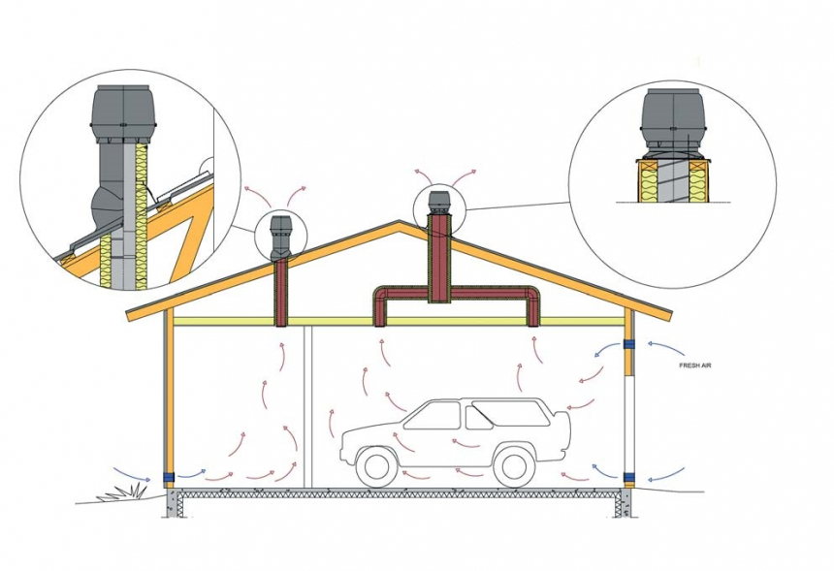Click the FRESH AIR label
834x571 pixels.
[694, 365]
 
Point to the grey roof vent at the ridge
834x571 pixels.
[438, 201]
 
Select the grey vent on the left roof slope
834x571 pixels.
[280, 238]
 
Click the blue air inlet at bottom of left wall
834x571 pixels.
[169, 477]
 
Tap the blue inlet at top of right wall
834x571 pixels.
[629, 344]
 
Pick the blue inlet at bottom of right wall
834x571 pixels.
[629, 476]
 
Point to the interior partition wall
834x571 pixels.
[306, 407]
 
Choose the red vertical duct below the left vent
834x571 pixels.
[281, 293]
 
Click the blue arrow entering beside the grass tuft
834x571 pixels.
[132, 474]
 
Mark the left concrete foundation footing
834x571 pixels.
[173, 502]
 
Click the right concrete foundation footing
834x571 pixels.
[625, 502]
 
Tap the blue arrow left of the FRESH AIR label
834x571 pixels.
[665, 347]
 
